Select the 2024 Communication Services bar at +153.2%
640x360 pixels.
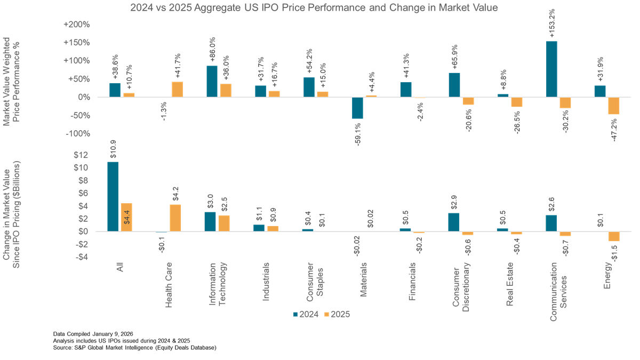(x=551, y=69)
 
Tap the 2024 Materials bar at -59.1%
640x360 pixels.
(x=357, y=108)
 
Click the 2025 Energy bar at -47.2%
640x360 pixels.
(x=613, y=106)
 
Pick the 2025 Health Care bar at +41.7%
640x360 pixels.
(x=177, y=89)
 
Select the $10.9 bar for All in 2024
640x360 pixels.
(x=113, y=196)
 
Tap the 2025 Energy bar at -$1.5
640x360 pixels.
(x=613, y=236)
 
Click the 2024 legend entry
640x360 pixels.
(x=305, y=314)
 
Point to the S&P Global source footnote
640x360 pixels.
(x=134, y=348)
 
